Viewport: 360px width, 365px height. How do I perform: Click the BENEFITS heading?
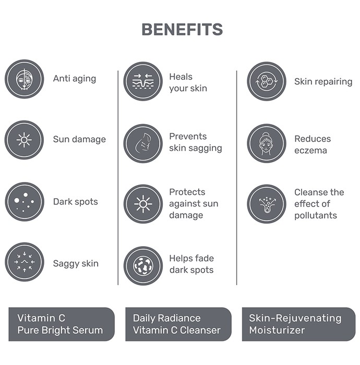182,29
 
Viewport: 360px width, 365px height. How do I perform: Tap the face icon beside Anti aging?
25,79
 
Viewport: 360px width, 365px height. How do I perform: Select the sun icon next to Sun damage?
24,140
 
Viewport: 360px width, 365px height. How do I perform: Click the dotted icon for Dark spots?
25,202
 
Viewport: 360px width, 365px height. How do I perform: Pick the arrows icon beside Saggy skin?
25,262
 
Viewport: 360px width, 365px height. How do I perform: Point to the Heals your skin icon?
143,81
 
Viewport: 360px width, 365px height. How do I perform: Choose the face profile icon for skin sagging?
143,143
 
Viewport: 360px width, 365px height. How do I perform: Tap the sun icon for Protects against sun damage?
143,204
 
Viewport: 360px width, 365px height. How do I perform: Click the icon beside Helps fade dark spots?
143,266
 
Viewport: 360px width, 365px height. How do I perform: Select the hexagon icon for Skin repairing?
267,81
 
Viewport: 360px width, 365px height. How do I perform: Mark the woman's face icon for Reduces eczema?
267,143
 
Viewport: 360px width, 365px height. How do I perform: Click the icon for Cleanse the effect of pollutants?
267,204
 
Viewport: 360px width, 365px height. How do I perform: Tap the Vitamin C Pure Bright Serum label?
62,324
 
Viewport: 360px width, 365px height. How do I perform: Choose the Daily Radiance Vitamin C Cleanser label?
178,324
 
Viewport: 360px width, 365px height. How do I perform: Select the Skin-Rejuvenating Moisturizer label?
299,324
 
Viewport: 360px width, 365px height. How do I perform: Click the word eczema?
310,151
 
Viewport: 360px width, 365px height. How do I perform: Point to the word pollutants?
316,215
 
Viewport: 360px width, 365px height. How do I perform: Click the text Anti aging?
75,79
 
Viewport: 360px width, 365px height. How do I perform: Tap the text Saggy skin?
76,264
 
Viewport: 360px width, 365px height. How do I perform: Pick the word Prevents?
188,137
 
